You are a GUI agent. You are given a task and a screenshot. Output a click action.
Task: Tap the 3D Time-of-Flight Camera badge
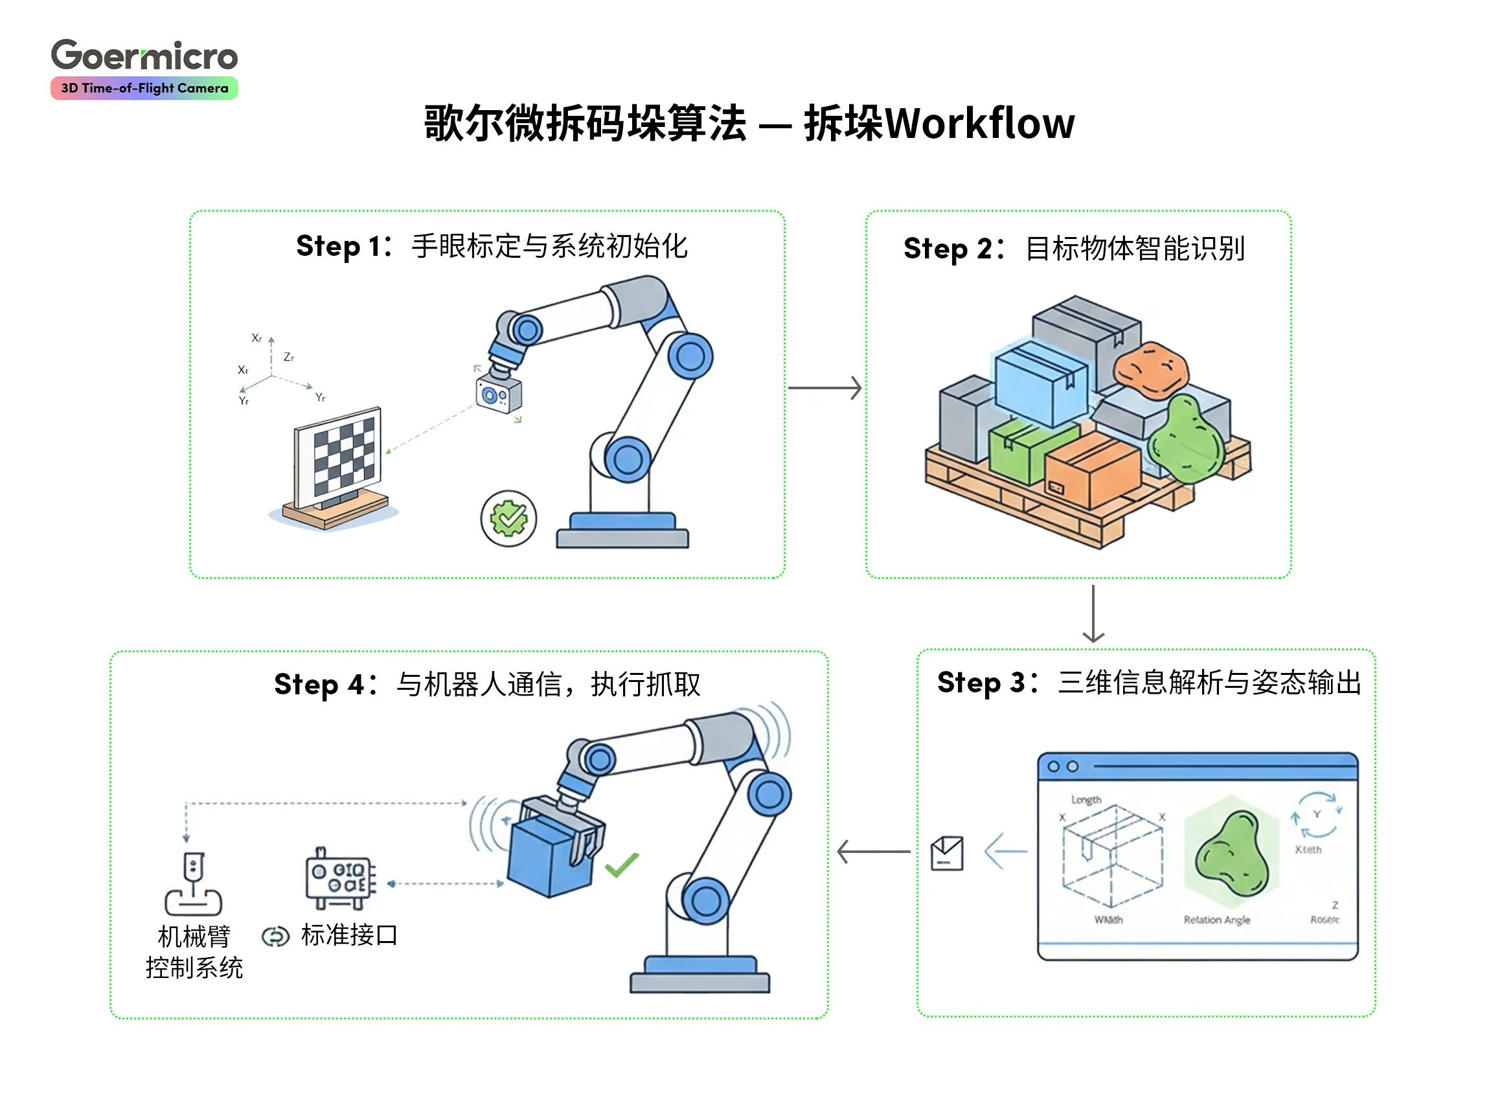point(144,88)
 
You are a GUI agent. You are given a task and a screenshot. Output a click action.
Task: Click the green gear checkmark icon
point(508,518)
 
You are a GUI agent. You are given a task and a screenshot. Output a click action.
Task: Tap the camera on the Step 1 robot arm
point(499,394)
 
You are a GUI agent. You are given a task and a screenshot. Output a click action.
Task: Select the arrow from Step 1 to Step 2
point(825,387)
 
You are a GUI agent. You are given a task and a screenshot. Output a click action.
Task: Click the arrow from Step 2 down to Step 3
point(1093,613)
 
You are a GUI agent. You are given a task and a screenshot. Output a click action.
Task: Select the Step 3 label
point(984,683)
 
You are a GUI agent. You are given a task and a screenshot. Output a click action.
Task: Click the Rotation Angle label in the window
point(1216,920)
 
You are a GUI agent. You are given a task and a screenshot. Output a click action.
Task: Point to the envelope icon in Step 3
point(946,853)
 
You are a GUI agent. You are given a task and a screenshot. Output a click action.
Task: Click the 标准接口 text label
point(348,935)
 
